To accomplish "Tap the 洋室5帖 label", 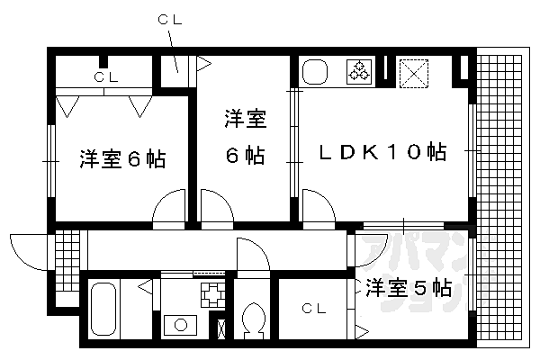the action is (x=408, y=289).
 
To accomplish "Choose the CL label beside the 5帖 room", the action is (x=312, y=308).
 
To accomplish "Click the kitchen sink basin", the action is (x=315, y=72).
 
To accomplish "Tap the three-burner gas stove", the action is (x=358, y=72).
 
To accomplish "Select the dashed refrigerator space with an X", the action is (x=415, y=70).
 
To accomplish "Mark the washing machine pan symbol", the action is (x=211, y=293).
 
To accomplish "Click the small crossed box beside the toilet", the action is (x=222, y=327).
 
